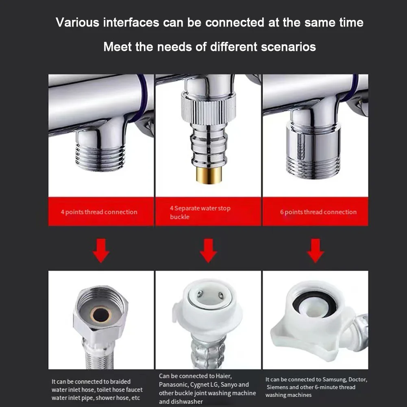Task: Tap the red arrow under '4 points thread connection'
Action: [101, 250]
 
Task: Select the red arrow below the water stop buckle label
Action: [208, 250]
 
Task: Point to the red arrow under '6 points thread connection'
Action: [316, 250]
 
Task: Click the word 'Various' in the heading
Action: [77, 22]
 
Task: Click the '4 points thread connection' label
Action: [99, 212]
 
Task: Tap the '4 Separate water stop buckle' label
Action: [200, 212]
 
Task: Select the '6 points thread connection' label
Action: [318, 212]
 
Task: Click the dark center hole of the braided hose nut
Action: [101, 315]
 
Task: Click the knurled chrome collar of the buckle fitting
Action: [209, 108]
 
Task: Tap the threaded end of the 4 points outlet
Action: [100, 157]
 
